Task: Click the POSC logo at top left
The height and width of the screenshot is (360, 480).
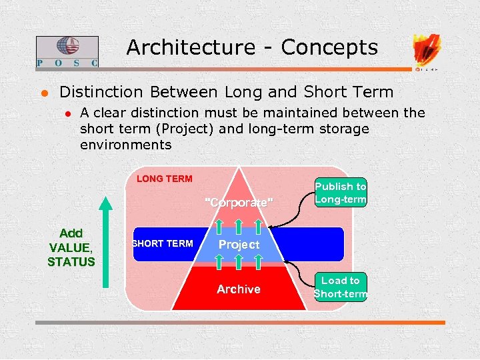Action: tap(67, 51)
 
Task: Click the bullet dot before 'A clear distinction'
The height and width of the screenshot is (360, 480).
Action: tap(67, 113)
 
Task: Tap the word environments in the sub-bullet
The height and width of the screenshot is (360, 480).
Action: tap(125, 145)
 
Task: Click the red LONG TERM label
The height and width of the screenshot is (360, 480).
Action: tap(164, 179)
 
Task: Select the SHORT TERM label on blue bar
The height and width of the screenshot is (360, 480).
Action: tap(163, 243)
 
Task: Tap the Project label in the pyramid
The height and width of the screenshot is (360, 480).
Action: tap(239, 245)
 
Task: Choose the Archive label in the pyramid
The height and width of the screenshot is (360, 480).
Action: tap(239, 289)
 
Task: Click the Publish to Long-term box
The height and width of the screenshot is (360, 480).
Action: tap(341, 193)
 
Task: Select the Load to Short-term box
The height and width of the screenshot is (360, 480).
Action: tap(341, 287)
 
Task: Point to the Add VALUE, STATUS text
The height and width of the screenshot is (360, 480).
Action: tap(71, 247)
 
